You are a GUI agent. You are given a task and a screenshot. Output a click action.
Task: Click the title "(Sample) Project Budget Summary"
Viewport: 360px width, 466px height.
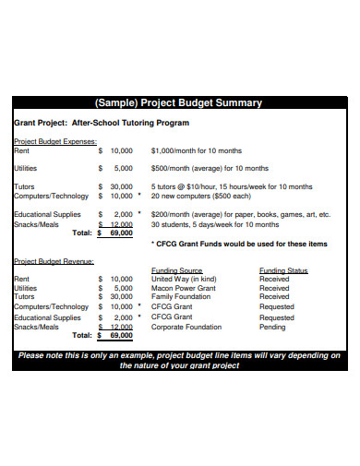pos(180,102)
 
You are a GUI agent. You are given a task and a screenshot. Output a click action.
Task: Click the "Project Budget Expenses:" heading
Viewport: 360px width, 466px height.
pos(54,141)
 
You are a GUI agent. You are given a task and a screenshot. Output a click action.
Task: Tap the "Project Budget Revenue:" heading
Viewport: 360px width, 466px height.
pos(54,262)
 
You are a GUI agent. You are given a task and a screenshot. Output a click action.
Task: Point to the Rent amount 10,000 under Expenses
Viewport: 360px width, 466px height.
pos(121,150)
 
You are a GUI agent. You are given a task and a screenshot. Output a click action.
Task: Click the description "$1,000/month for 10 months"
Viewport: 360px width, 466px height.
pos(196,150)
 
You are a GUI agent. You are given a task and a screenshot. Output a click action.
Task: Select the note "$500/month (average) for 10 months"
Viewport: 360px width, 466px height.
pos(210,169)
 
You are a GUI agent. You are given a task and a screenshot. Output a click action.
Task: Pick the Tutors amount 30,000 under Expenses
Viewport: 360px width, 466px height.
pos(121,186)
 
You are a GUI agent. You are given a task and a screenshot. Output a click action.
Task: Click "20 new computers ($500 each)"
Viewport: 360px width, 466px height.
pos(200,196)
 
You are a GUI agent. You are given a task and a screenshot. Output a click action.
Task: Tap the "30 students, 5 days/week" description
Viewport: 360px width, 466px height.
pos(214,223)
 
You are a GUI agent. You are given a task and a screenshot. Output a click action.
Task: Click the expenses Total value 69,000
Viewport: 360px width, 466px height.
pos(120,233)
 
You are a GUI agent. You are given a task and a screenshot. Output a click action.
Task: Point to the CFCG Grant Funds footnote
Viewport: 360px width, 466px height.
pos(238,244)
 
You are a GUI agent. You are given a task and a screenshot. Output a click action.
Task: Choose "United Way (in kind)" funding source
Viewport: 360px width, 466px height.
pos(184,279)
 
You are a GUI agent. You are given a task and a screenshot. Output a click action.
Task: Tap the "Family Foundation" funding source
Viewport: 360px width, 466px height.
pos(181,297)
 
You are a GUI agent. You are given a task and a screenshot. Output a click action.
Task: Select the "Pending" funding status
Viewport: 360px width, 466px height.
pos(273,327)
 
